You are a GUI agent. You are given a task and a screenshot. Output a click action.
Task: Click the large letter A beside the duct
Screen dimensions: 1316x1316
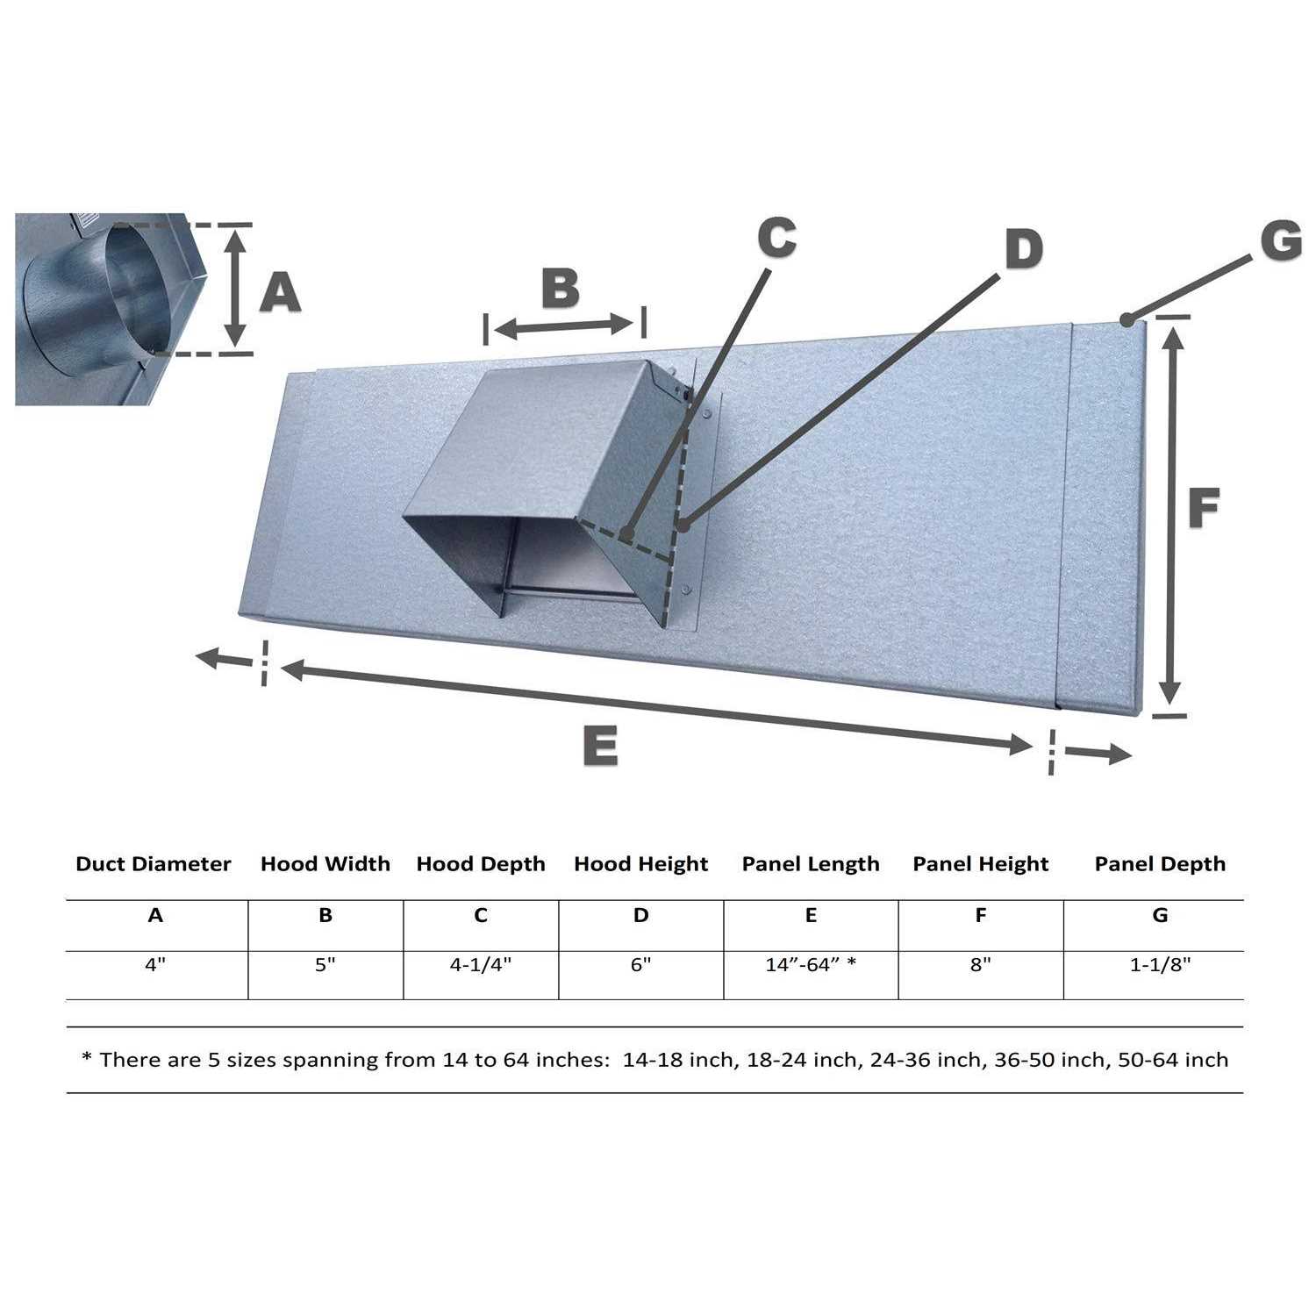(x=281, y=293)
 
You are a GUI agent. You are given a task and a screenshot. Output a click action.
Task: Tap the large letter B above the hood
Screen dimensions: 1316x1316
(x=560, y=288)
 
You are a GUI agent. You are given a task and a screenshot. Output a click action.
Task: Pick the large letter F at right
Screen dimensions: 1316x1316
(x=1204, y=508)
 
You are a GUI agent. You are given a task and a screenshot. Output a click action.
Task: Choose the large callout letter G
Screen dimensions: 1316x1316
(x=1281, y=240)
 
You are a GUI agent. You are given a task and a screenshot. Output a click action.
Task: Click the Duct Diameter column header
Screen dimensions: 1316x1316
(x=154, y=864)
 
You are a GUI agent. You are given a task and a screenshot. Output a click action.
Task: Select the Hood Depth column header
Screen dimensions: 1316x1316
(x=481, y=864)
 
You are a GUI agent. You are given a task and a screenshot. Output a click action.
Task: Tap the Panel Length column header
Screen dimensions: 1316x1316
(x=811, y=864)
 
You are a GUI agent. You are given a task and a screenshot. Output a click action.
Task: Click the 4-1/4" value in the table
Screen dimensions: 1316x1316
(x=481, y=965)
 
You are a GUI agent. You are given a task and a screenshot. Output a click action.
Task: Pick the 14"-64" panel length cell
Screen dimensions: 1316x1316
(x=811, y=965)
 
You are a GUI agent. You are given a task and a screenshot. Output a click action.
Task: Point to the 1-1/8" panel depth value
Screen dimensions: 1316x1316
(x=1160, y=965)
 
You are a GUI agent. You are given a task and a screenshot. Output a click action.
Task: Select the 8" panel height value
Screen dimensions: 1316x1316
(x=980, y=965)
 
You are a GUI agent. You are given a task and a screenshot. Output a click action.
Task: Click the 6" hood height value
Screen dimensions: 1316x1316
(x=640, y=965)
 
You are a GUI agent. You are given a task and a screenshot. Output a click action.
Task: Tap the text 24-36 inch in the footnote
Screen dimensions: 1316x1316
(x=927, y=1060)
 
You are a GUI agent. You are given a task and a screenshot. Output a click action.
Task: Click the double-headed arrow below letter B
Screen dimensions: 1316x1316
(x=563, y=327)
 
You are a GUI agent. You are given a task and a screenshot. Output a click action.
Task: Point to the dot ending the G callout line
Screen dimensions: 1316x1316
(x=1127, y=320)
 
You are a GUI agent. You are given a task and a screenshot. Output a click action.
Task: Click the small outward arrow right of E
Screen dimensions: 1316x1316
(x=1097, y=753)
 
